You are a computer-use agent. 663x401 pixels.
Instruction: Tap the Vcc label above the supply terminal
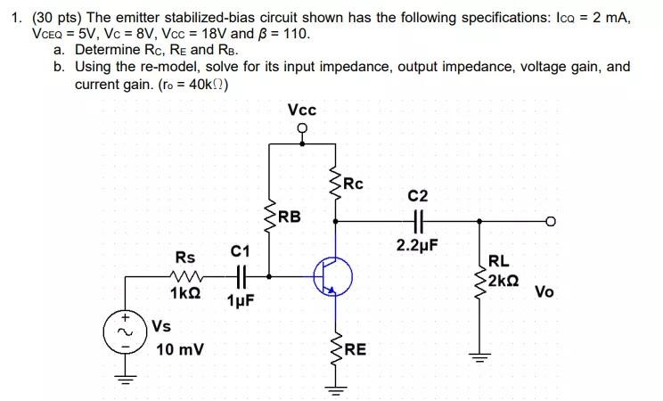(x=302, y=110)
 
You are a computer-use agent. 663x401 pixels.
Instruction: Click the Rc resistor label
(x=354, y=184)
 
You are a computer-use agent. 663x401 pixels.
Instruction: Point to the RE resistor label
(x=355, y=349)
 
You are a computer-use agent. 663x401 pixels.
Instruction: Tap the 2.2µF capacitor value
(x=417, y=245)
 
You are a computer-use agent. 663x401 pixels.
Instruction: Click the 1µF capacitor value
(x=240, y=300)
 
